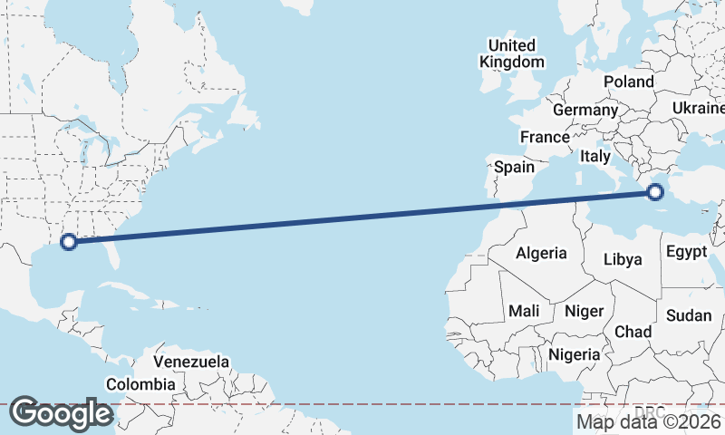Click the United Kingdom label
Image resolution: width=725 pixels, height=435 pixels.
click(512, 53)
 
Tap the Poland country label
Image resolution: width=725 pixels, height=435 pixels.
click(629, 82)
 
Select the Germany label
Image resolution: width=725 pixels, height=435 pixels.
click(585, 110)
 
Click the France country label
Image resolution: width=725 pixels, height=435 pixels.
click(544, 138)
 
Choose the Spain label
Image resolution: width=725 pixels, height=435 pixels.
click(514, 167)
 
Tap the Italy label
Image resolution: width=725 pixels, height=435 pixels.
click(595, 156)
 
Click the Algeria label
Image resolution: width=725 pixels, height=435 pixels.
click(541, 254)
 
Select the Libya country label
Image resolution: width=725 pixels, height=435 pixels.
click(623, 259)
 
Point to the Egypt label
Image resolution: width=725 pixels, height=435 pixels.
click(685, 251)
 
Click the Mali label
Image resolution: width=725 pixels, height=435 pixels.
click(524, 311)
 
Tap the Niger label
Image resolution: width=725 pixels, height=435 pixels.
click(584, 311)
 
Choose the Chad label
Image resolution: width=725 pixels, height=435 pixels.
click(633, 332)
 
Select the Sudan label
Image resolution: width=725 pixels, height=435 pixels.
click(689, 315)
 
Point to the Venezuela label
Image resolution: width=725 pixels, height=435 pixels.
click(190, 362)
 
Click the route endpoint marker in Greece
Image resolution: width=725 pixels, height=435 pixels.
click(656, 191)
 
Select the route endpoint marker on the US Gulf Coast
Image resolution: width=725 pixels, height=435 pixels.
click(68, 241)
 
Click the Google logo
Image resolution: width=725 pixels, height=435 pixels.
click(61, 413)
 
